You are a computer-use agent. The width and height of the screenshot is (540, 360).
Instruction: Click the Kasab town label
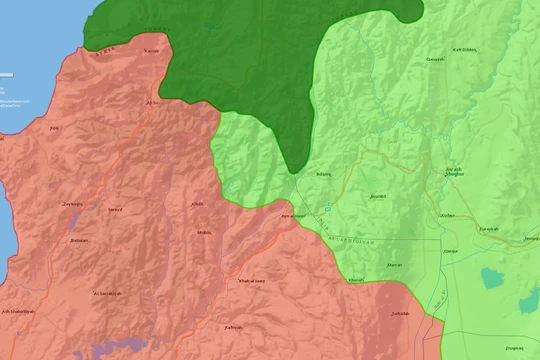coord(151,50)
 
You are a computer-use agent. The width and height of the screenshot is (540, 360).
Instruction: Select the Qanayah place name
coord(435,59)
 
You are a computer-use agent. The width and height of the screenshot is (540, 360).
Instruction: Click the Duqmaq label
coord(514,347)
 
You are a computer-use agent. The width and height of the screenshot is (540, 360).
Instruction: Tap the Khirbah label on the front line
coord(355,280)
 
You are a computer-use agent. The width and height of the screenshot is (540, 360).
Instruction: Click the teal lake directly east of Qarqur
coord(492,276)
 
